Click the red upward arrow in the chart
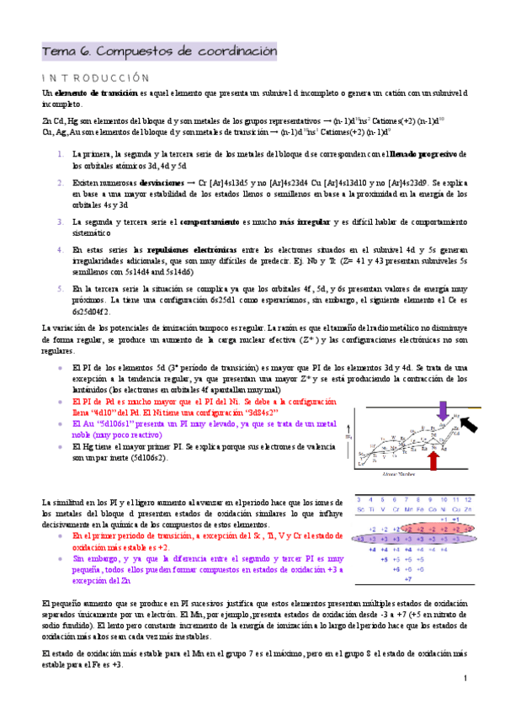(x=433, y=461)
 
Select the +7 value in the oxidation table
(x=408, y=579)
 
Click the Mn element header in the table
(x=408, y=510)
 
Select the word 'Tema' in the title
(x=60, y=51)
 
